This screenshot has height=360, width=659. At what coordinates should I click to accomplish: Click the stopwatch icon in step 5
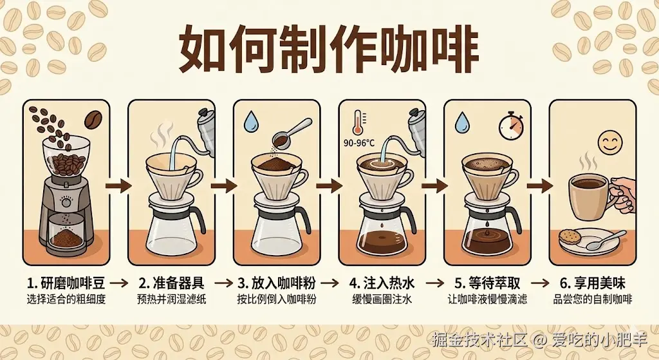pos(511,125)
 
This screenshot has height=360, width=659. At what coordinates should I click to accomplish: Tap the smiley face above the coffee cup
pos(610,142)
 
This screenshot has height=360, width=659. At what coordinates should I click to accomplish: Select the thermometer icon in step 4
pos(358,123)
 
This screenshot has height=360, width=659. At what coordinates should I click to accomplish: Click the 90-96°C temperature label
pos(359,143)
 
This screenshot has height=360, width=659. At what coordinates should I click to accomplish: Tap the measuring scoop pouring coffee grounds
pos(291,133)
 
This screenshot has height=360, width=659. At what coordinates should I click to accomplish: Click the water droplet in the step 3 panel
pos(252,120)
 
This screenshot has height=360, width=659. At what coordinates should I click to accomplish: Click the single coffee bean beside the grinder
pos(94,120)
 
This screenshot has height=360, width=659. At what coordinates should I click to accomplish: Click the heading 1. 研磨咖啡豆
pos(66,283)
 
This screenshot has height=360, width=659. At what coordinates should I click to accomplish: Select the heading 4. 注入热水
pos(382,283)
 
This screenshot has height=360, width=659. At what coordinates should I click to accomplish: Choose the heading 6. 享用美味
pos(593,283)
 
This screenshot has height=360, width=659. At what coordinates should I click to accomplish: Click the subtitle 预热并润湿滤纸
pos(171,299)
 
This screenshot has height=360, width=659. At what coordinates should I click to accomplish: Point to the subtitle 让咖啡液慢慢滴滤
pos(487,299)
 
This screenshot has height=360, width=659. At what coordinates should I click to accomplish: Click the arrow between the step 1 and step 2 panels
pos(118,185)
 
